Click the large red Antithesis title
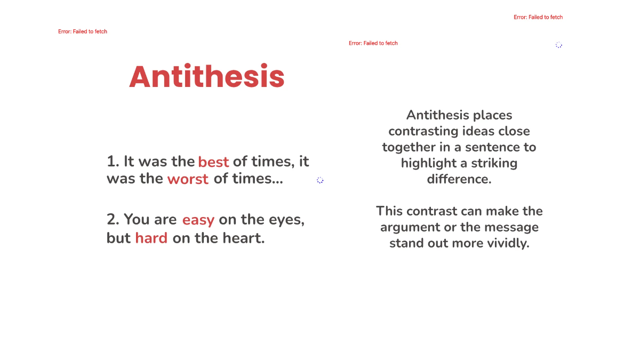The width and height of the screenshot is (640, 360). click(x=207, y=77)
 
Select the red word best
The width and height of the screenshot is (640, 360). click(x=213, y=162)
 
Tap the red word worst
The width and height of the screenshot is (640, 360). click(x=188, y=179)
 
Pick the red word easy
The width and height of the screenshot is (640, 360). click(x=198, y=220)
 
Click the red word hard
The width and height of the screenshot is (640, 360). click(x=151, y=238)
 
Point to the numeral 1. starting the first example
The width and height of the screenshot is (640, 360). click(x=113, y=161)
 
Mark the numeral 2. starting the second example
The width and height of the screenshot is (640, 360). click(x=114, y=219)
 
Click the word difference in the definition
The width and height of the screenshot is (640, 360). click(x=459, y=179)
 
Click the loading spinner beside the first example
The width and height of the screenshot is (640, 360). click(x=320, y=180)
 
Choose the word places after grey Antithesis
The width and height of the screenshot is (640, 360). click(x=494, y=115)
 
